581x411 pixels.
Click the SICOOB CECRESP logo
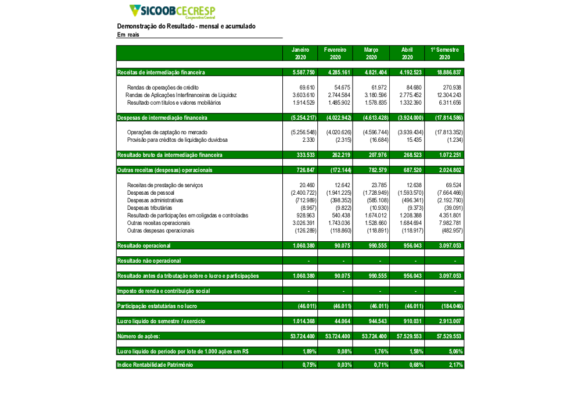(x=172, y=11)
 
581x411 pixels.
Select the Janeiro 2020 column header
(x=300, y=53)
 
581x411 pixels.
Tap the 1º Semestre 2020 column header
(x=444, y=53)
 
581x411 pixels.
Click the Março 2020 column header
(x=371, y=53)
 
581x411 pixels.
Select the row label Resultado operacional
(x=144, y=246)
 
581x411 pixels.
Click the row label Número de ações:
(x=138, y=336)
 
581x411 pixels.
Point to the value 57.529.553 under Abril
(x=409, y=336)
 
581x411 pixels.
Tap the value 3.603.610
(x=303, y=95)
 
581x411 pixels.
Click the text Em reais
(x=128, y=35)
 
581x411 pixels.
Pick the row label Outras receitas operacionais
(x=159, y=223)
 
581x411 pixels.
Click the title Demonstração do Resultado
(x=186, y=26)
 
